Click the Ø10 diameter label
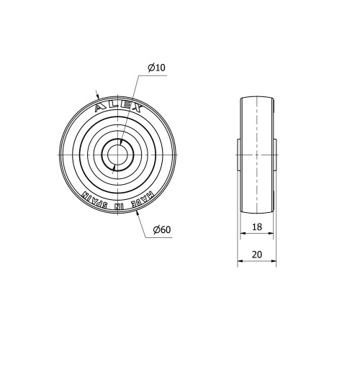156,68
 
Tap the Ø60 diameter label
161,230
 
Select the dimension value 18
256,226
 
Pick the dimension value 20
257,254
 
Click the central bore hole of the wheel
115,155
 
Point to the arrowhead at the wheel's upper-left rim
97,93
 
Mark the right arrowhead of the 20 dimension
274,262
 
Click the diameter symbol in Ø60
156,230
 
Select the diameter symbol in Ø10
151,68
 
